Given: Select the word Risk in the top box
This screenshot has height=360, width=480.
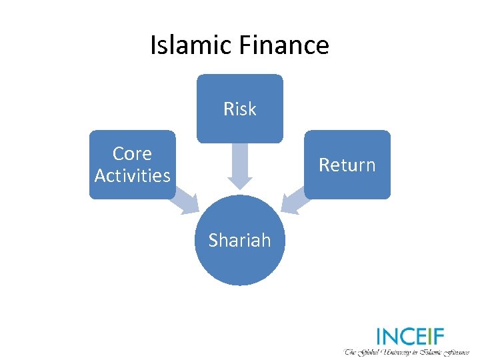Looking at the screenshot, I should click(x=239, y=109).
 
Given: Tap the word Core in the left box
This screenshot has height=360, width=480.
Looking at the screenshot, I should click(x=132, y=153).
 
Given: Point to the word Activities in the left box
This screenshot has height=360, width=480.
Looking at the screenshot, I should click(x=132, y=175).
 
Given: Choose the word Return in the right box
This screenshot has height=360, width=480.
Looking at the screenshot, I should click(x=347, y=165).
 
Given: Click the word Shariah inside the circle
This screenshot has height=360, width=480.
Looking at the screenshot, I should click(x=239, y=240).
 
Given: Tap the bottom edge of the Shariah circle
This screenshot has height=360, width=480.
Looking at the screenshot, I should click(x=239, y=285).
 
